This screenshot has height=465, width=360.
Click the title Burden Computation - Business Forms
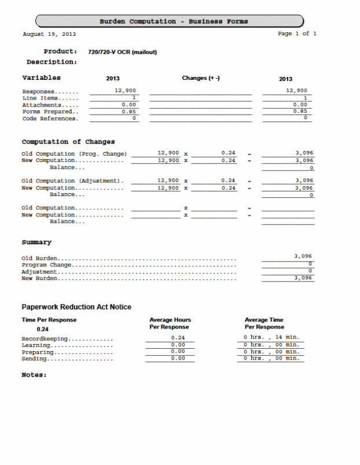[173, 21]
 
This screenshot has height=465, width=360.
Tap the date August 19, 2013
[49, 34]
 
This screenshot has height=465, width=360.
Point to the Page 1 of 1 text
[297, 34]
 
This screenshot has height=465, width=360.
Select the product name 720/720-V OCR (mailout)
[122, 53]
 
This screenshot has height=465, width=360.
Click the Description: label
[52, 62]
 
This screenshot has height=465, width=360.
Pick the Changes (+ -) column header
[201, 78]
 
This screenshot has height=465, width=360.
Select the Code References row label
[49, 119]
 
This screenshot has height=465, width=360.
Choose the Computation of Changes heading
[68, 142]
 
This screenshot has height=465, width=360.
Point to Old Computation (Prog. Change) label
[74, 153]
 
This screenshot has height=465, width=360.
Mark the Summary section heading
[36, 242]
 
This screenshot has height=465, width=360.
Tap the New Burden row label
[40, 278]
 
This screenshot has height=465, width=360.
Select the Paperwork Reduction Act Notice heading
[76, 307]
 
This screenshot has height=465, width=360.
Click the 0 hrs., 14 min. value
[271, 337]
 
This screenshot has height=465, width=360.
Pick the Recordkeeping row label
[45, 338]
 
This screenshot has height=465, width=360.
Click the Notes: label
[34, 375]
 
